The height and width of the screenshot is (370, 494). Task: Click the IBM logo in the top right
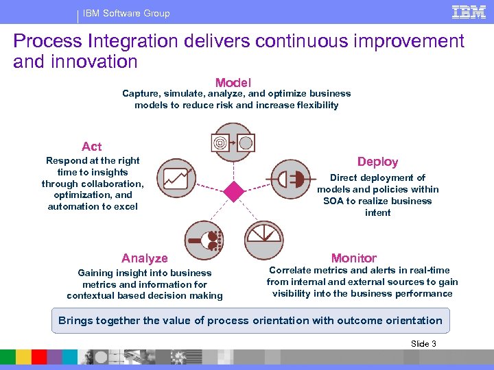(x=469, y=12)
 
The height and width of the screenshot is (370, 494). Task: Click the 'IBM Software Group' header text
(x=126, y=13)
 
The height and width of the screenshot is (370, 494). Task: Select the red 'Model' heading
(x=233, y=82)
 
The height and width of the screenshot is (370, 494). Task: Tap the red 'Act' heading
(x=91, y=147)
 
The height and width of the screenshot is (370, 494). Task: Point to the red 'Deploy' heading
(x=377, y=162)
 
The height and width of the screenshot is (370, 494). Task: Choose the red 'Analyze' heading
(x=144, y=258)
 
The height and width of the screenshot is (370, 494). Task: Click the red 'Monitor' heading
(x=353, y=258)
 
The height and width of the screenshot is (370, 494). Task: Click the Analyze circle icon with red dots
(x=204, y=240)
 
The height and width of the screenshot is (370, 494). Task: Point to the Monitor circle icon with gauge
(x=263, y=240)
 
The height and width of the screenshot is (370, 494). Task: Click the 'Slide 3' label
(x=423, y=344)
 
